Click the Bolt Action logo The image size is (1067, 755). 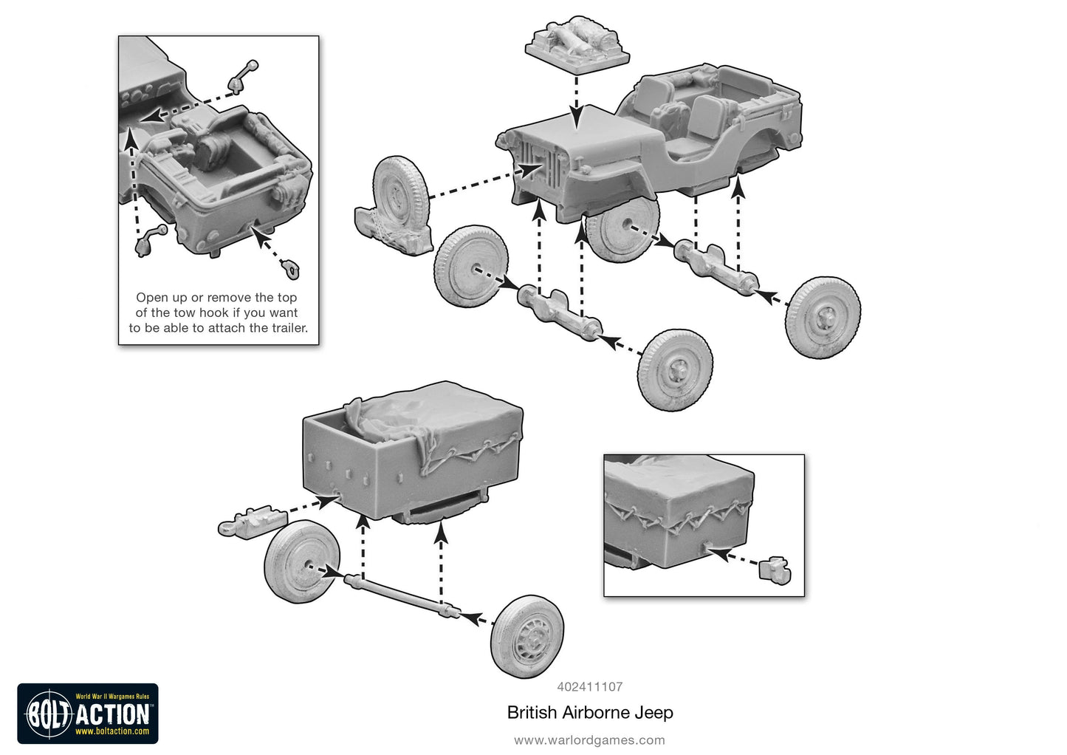(88, 714)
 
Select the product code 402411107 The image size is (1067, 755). (589, 686)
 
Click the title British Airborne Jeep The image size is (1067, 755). (589, 713)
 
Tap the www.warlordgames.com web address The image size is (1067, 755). (589, 740)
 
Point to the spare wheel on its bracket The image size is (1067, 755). (397, 204)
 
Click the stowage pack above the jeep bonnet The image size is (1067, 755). (577, 43)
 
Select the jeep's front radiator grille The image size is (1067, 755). (538, 163)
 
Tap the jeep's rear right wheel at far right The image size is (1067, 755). (823, 317)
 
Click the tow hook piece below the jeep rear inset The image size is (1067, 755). (293, 270)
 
